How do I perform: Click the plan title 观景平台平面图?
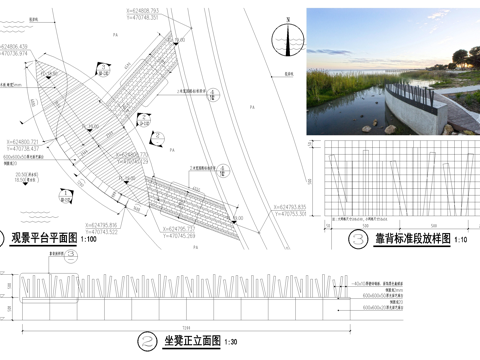point(45,239)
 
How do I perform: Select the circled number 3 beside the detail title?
point(358,239)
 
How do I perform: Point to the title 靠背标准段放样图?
point(408,239)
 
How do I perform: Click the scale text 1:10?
point(461,240)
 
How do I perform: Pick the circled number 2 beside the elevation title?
point(146,341)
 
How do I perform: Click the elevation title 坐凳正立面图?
point(191,341)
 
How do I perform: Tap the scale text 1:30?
point(231,342)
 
